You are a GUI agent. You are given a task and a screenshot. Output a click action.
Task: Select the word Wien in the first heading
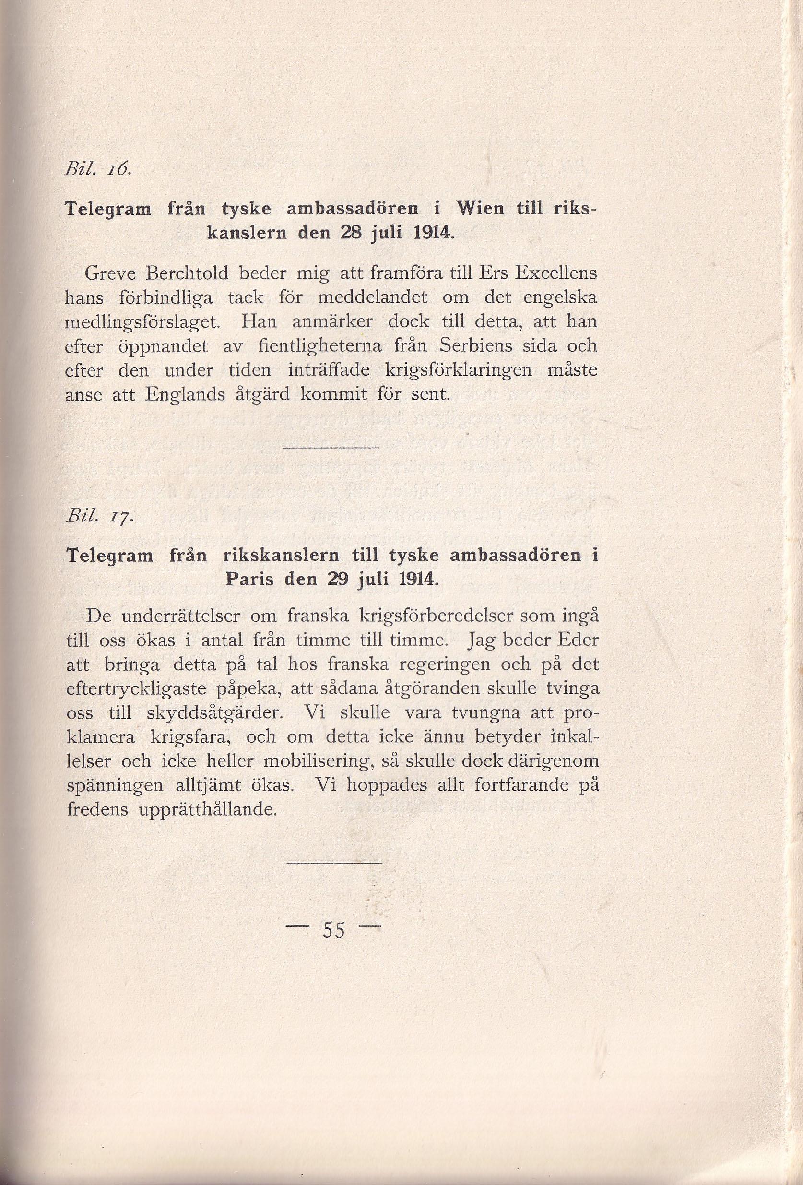click(x=481, y=209)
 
